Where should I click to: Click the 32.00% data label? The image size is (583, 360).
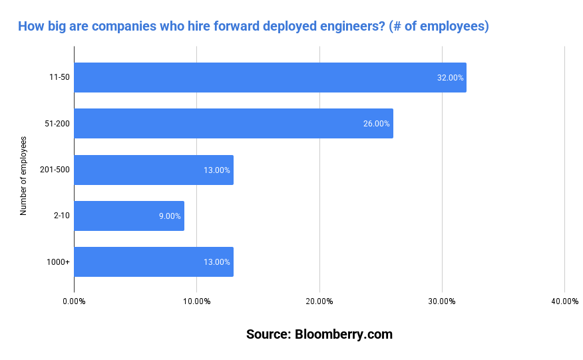click(450, 78)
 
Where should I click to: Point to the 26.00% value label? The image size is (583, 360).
click(377, 124)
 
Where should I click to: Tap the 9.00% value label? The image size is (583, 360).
click(170, 216)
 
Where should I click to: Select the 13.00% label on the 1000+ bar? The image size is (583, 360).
click(217, 262)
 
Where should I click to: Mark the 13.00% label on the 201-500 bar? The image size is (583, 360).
click(217, 170)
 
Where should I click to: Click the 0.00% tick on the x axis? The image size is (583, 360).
click(74, 301)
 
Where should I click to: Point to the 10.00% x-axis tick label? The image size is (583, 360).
click(196, 301)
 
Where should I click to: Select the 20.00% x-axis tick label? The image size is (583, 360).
click(319, 301)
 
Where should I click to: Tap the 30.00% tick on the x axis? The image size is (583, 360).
click(442, 301)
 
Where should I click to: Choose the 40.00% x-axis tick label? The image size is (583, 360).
click(565, 301)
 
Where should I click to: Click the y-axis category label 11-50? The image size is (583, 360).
click(59, 77)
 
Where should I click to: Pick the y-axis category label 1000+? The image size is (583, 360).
click(59, 262)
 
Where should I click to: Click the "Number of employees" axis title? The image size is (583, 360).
click(23, 176)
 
